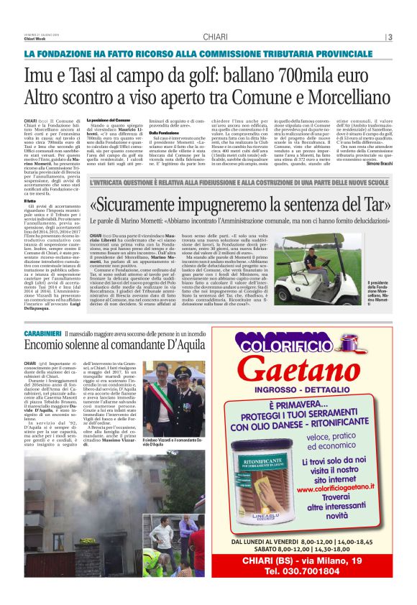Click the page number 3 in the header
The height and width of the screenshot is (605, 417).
coord(389,37)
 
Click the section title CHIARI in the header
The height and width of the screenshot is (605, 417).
coord(215,37)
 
